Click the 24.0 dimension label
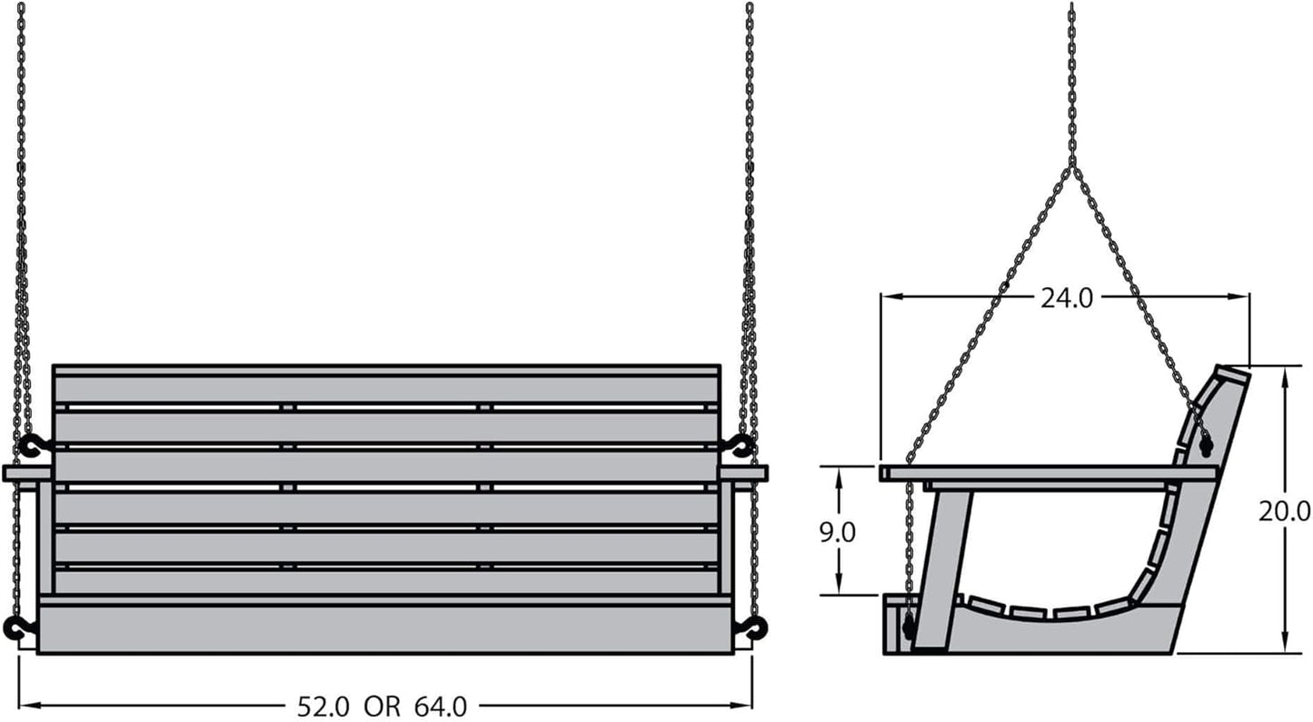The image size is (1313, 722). pyautogui.click(x=1067, y=298)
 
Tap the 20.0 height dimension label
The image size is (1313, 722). pyautogui.click(x=1284, y=511)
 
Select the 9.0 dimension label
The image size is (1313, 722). pyautogui.click(x=837, y=532)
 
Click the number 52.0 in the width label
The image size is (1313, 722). pyautogui.click(x=323, y=707)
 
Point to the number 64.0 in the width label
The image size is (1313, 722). pyautogui.click(x=441, y=707)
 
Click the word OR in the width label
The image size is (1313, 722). pyautogui.click(x=383, y=707)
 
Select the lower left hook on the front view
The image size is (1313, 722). pyautogui.click(x=19, y=627)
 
